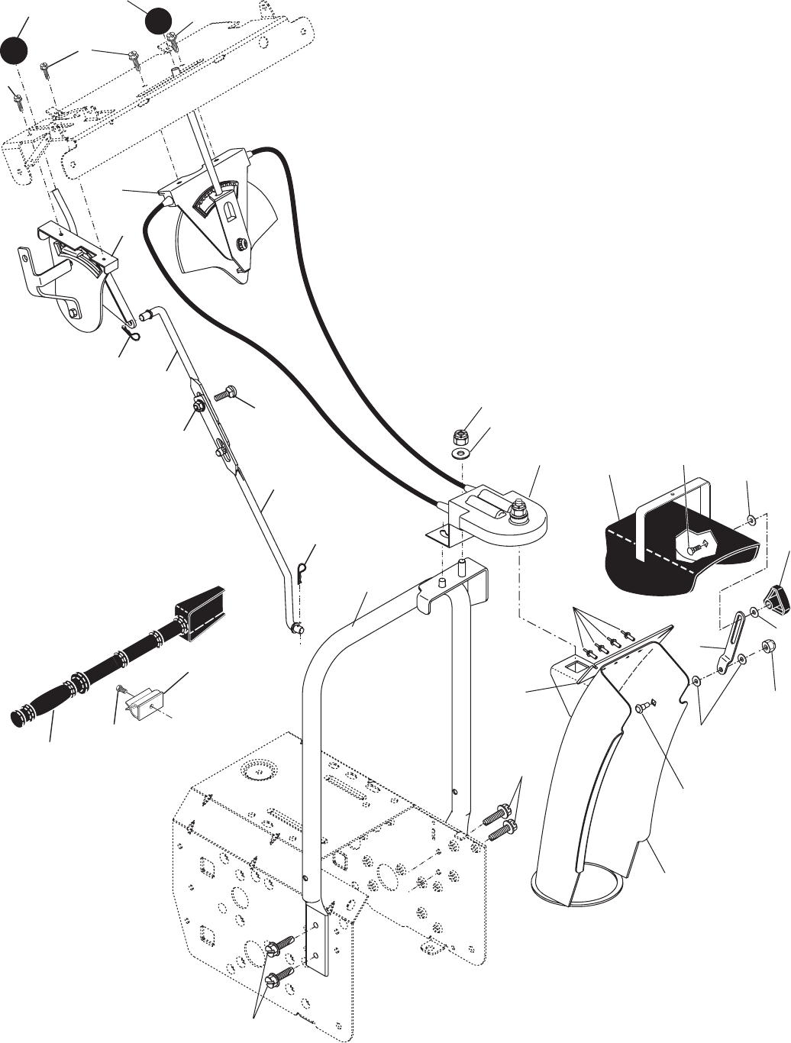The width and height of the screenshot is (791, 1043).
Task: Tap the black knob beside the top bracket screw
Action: point(159,21)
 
